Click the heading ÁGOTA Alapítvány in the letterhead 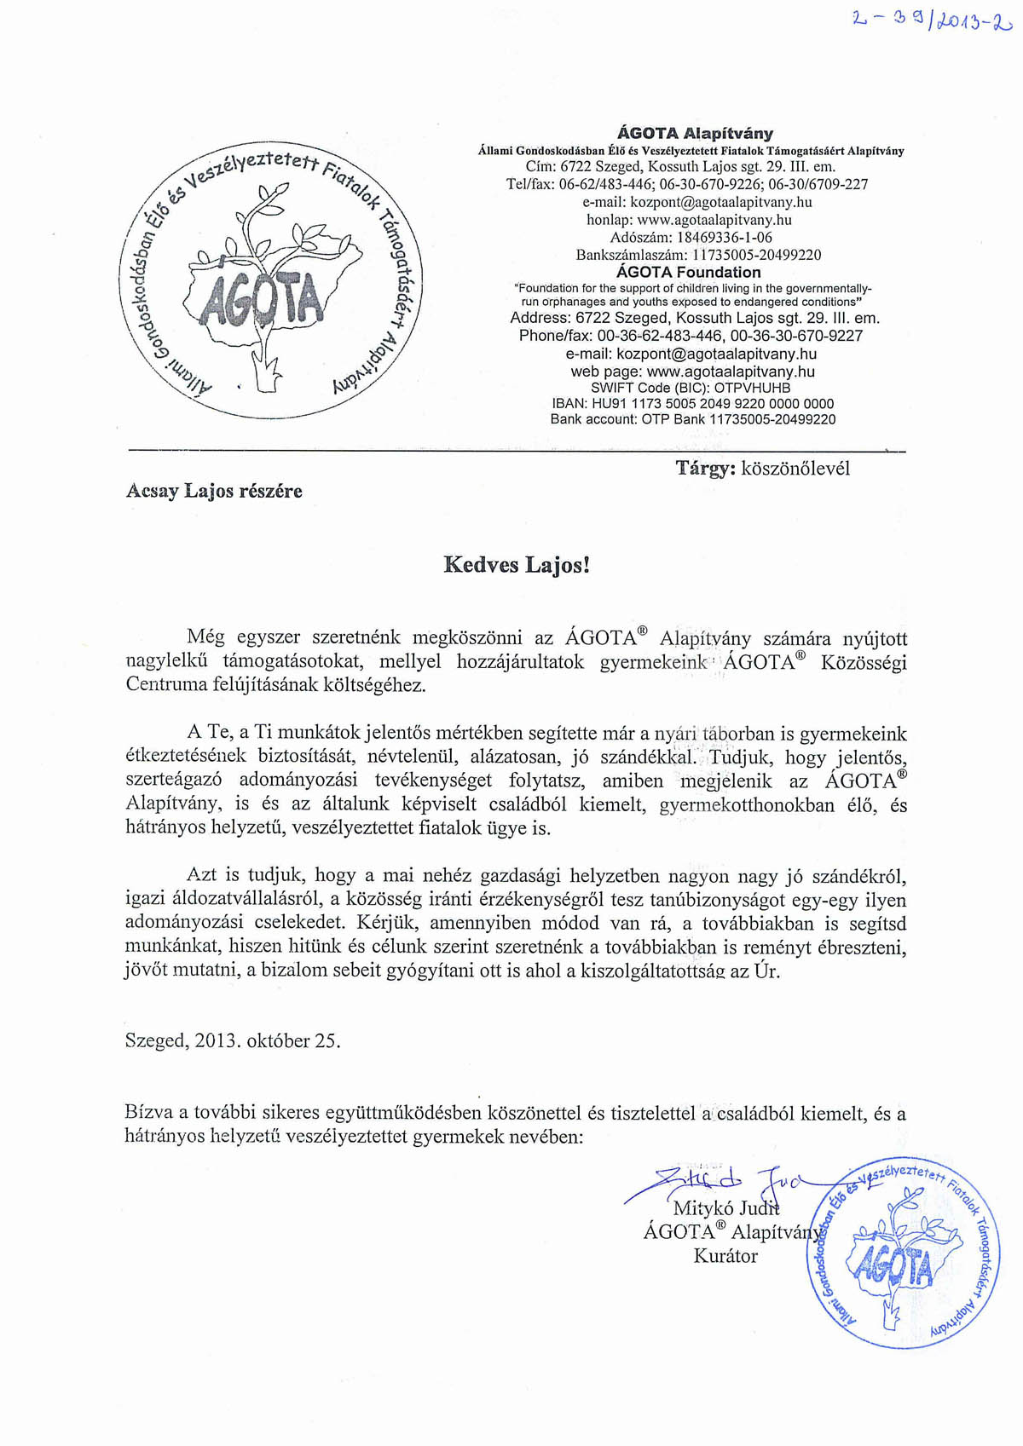[695, 133]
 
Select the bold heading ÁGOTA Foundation [688, 273]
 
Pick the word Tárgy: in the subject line [705, 469]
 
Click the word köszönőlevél [795, 469]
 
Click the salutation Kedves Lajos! [517, 565]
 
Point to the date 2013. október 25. [268, 1040]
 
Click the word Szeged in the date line [154, 1040]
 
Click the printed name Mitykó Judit [725, 1208]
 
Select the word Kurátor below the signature [725, 1256]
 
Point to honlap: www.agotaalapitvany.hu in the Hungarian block [689, 220]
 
